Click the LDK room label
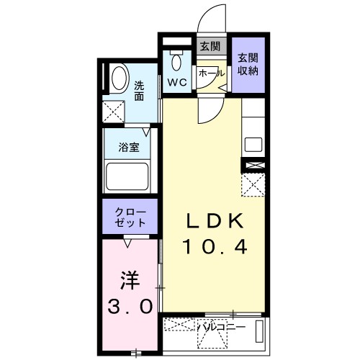(215, 222)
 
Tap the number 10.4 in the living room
(215, 248)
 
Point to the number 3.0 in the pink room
(130, 307)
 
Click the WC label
(177, 83)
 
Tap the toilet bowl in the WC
(176, 60)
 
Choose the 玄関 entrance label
(210, 47)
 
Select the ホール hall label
(211, 73)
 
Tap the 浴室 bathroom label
(130, 148)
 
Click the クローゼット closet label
(130, 217)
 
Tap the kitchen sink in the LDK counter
(253, 143)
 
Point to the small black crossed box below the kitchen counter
(254, 166)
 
